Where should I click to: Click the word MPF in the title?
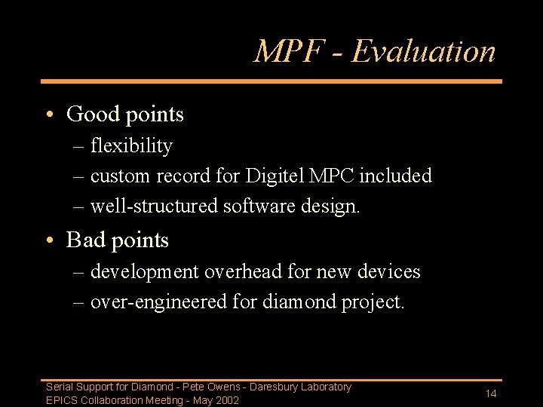click(x=290, y=51)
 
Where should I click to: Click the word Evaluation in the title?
click(x=424, y=51)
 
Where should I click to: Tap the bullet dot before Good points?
click(x=48, y=115)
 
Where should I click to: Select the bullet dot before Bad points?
click(x=48, y=240)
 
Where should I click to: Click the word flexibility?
click(x=131, y=145)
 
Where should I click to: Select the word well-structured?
click(x=155, y=206)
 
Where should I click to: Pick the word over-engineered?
click(x=158, y=302)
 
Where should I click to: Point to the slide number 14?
click(x=491, y=393)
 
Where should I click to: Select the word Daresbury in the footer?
click(x=273, y=387)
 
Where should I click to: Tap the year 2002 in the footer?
click(x=226, y=400)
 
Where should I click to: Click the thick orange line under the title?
click(x=271, y=81)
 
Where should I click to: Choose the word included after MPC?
click(x=395, y=176)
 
